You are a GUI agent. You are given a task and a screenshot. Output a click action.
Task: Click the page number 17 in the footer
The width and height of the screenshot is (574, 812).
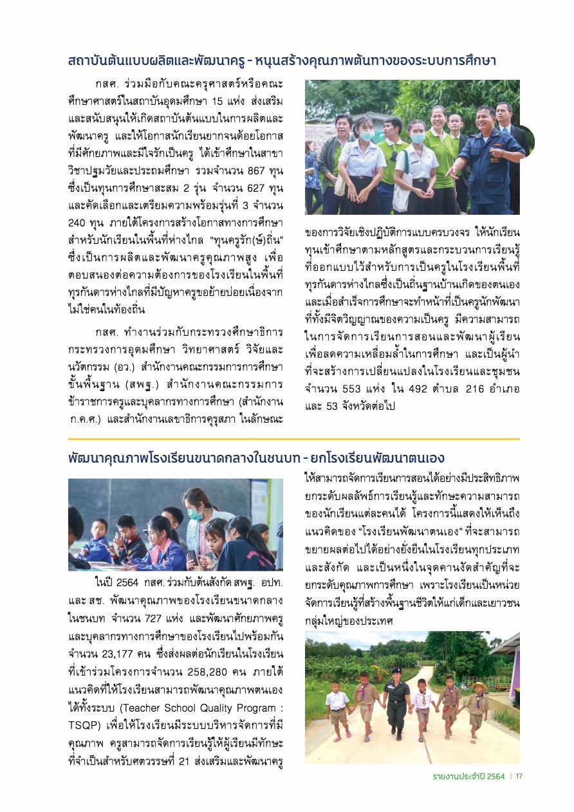(519, 775)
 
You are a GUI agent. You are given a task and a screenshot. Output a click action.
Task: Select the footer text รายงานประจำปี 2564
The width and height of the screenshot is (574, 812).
(468, 775)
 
